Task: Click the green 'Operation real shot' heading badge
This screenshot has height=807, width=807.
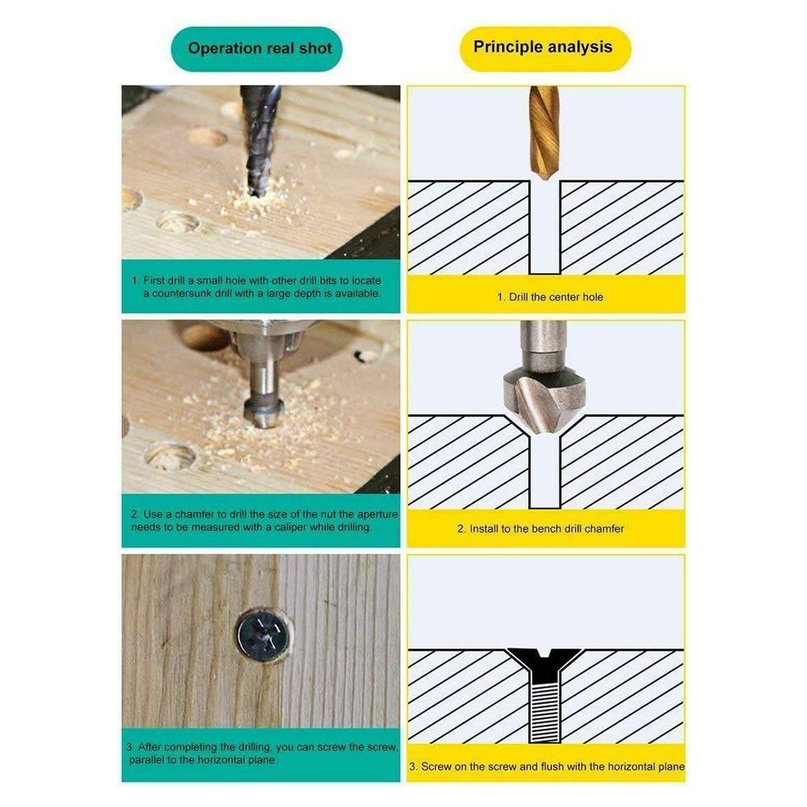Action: (x=256, y=49)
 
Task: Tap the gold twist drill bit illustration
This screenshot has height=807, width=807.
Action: (x=544, y=132)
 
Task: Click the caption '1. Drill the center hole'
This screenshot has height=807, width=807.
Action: (x=550, y=297)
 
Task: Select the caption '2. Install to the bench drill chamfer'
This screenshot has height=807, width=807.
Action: (x=540, y=529)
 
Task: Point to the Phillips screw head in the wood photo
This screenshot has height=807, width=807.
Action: (x=263, y=635)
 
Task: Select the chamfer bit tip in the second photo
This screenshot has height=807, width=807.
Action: (x=264, y=413)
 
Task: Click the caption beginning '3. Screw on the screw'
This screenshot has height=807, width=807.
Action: (x=547, y=767)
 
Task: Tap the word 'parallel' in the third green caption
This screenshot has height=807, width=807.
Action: (x=146, y=759)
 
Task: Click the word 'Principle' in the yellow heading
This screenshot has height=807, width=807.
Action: (x=508, y=47)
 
